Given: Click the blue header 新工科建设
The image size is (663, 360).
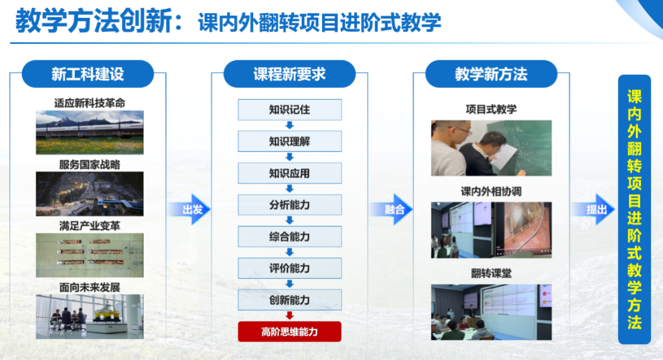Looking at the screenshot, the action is pos(87,74).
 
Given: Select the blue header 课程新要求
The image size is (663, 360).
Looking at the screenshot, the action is pos(290,74).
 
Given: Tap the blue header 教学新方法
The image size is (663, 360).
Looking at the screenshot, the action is pos(491,74).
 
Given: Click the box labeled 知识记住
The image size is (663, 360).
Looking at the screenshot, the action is pos(290,110).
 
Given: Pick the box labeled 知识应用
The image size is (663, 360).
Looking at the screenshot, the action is pos(290,173).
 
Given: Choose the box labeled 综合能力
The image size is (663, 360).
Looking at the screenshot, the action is pos(290,236).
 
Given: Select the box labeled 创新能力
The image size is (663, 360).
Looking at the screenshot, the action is pos(290,300).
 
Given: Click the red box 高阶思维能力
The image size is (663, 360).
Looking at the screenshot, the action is pos(290,331).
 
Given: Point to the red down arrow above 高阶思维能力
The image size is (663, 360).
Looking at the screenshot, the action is pos(290,315).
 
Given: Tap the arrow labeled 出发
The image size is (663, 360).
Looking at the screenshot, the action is pos(190,209).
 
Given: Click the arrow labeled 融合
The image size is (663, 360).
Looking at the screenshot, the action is pos(392,209).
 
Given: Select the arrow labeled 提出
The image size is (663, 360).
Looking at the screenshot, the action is pos(593,209).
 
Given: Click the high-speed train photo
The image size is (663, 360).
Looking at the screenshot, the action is pos(90,132).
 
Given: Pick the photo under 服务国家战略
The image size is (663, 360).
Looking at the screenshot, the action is pos(90,194).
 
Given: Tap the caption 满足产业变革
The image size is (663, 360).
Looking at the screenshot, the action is pos(90,226).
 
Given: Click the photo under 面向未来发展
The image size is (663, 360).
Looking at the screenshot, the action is pos(90,317).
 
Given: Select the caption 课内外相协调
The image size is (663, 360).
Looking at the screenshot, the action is pos(491,192).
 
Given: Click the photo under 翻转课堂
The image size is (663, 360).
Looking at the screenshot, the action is pos(491,312).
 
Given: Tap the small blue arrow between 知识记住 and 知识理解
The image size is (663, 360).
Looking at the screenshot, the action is pos(290,125).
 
